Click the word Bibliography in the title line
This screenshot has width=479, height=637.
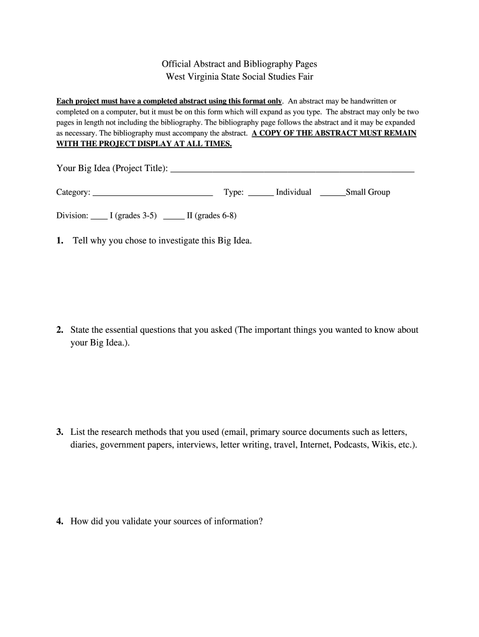pyautogui.click(x=246, y=63)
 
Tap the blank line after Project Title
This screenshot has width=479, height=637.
pyautogui.click(x=292, y=169)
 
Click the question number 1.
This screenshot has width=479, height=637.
pyautogui.click(x=59, y=241)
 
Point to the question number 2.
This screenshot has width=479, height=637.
pyautogui.click(x=59, y=330)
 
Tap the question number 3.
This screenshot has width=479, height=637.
pyautogui.click(x=59, y=432)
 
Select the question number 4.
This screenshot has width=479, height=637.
pyautogui.click(x=59, y=522)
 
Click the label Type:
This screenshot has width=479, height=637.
pyautogui.click(x=234, y=192)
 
